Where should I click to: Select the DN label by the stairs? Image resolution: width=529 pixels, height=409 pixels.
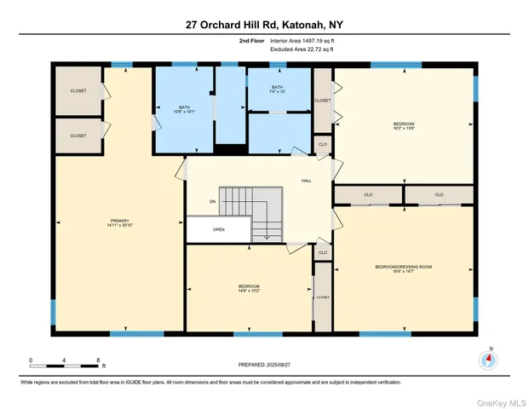[x=212, y=202]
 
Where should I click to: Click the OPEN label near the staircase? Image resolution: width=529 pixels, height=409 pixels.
[x=219, y=229]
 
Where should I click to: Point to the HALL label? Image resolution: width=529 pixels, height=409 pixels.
[x=307, y=181]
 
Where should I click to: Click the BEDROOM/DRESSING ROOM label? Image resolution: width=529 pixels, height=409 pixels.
[x=404, y=268]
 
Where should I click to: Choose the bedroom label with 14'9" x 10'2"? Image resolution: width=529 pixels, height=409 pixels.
[x=249, y=288]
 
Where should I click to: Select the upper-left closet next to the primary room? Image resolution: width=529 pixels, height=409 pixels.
[x=78, y=90]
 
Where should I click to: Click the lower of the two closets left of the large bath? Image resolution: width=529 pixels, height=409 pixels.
[x=78, y=135]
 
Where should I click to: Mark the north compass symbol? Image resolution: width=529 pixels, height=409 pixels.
[x=488, y=360]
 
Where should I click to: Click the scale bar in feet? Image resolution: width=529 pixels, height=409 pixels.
[x=66, y=366]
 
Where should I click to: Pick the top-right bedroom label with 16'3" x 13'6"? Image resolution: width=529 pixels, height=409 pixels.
[x=404, y=125]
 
